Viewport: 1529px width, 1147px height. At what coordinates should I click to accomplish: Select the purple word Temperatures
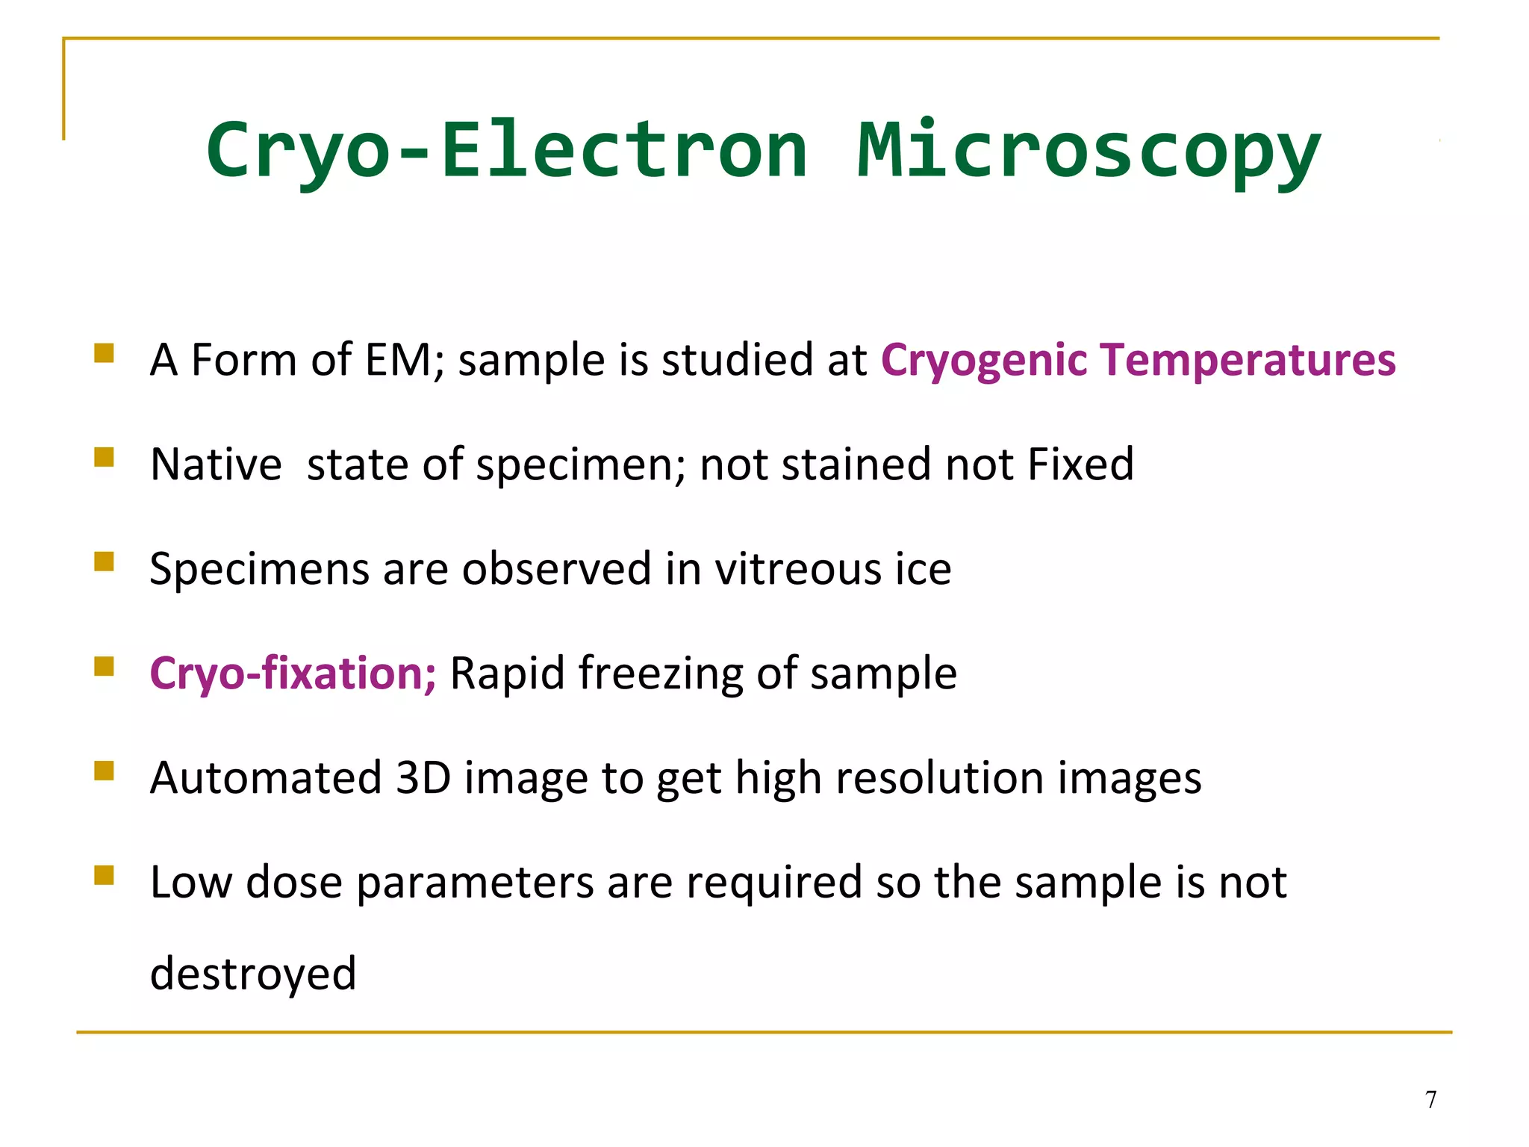(x=1248, y=361)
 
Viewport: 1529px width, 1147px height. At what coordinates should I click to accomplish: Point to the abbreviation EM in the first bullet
(x=399, y=360)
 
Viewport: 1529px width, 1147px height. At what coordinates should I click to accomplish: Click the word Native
(x=216, y=464)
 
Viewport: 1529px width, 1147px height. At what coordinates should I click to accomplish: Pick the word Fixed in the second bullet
(x=1080, y=464)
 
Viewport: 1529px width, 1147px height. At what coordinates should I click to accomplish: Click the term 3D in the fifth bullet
(x=423, y=778)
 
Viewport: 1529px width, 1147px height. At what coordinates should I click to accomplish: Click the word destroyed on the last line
(x=253, y=974)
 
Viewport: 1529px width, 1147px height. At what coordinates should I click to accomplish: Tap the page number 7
(x=1430, y=1100)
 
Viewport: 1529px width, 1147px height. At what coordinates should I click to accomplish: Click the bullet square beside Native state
(x=104, y=457)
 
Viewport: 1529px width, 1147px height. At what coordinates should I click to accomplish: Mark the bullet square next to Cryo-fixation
(x=104, y=666)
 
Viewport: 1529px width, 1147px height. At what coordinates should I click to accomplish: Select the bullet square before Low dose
(x=104, y=875)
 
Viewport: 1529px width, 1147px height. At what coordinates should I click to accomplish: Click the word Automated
(x=266, y=778)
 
